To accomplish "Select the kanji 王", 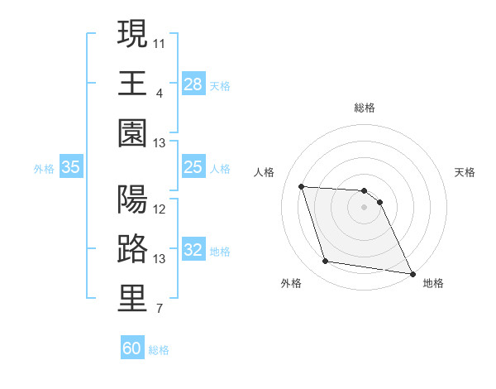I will click(133, 83).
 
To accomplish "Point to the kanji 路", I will click(133, 249).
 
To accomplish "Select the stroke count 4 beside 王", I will click(159, 91).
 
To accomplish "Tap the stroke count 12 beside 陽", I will click(160, 209).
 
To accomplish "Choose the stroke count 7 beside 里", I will click(159, 310).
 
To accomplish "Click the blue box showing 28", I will click(193, 84).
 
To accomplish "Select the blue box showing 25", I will click(193, 168).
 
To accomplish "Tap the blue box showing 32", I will click(193, 251).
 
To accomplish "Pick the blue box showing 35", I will click(70, 168).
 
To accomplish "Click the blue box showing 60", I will click(132, 348).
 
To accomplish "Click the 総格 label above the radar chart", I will click(365, 108).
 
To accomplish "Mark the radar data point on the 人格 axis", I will click(302, 186).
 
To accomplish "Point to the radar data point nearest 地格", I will click(412, 273).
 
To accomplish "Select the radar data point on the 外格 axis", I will click(326, 262).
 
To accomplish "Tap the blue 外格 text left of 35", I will click(44, 169).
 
